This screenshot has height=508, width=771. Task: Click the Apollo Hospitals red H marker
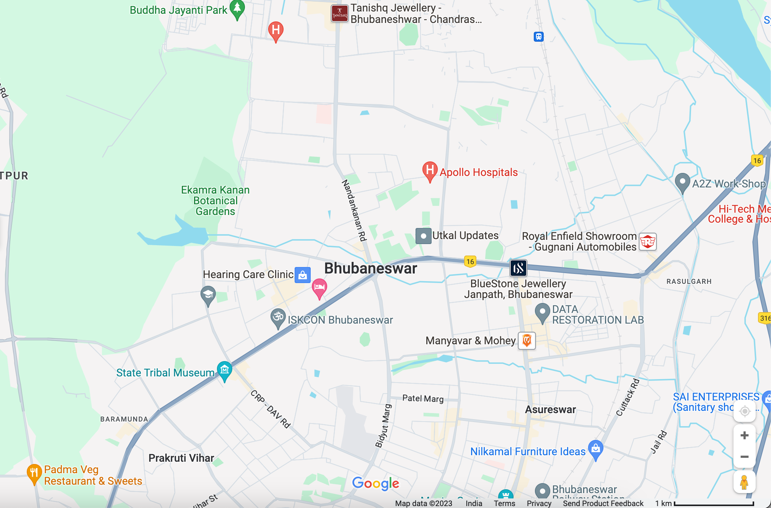430,170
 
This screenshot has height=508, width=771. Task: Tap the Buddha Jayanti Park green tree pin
237,8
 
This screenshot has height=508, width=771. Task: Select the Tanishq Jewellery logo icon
339,14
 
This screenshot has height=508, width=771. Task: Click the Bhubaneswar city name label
370,268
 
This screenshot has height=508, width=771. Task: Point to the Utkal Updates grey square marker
423,236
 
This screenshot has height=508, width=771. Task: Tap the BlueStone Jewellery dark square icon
518,268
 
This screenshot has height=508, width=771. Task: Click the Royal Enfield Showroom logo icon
647,242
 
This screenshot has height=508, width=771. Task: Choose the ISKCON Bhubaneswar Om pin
278,317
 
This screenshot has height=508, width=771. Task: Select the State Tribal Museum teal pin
225,370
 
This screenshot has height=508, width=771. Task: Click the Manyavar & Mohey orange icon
526,340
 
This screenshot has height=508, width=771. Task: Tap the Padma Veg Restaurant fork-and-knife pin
34,473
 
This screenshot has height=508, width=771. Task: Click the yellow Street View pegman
744,482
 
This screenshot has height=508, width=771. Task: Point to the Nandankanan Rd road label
354,210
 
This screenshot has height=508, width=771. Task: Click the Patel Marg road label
423,399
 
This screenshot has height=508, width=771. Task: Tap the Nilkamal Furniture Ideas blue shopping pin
596,448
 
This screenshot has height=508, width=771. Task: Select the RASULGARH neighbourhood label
689,282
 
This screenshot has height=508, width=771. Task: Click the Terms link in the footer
504,503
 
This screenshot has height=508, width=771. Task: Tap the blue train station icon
539,37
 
